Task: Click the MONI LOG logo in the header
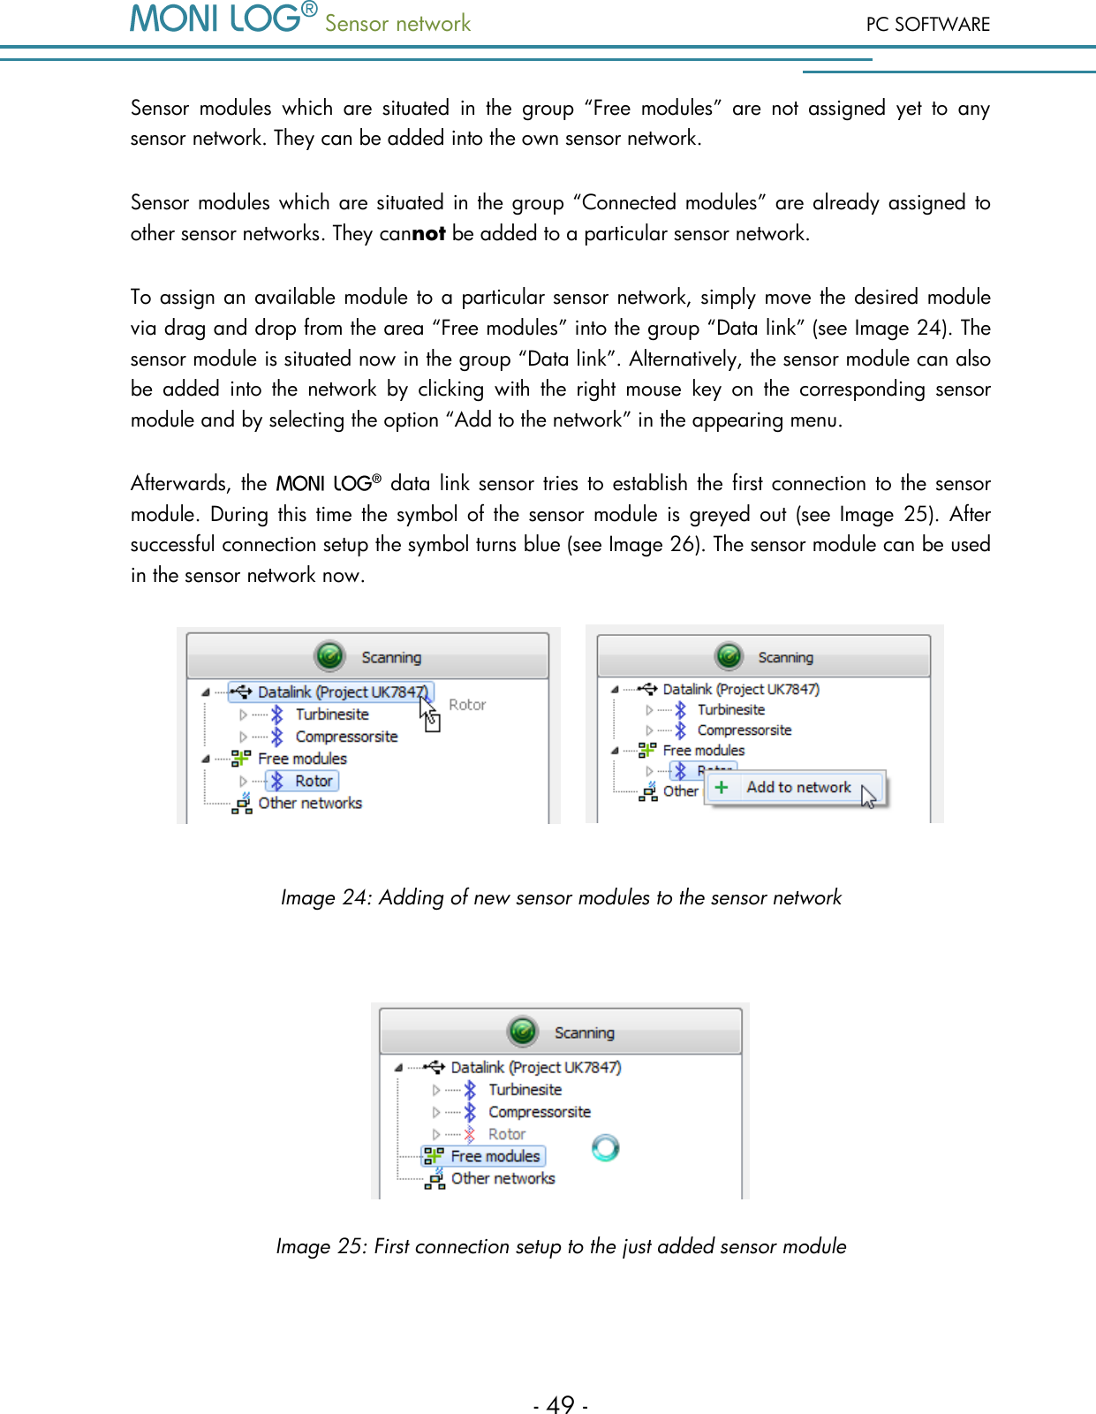tap(216, 19)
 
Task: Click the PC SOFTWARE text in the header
tap(927, 25)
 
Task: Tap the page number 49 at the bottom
tap(560, 1404)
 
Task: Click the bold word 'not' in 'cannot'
tap(428, 234)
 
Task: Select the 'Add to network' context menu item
tap(798, 787)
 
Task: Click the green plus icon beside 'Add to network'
tap(722, 787)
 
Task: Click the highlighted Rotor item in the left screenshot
tap(313, 781)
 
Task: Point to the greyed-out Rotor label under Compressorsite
tap(506, 1134)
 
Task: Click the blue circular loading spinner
tap(605, 1147)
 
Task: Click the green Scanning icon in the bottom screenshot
tap(523, 1031)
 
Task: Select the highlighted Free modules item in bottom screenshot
tap(495, 1156)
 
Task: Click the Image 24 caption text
tap(561, 897)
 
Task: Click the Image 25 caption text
tap(561, 1246)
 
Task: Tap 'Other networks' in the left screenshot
tap(310, 803)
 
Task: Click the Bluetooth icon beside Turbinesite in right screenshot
tap(680, 709)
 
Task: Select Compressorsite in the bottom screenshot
tap(539, 1112)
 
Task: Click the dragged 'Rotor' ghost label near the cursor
tap(467, 705)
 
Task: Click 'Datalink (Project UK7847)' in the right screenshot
tap(740, 689)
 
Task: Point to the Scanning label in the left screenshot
tap(391, 657)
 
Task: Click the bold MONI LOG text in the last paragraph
tap(323, 484)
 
